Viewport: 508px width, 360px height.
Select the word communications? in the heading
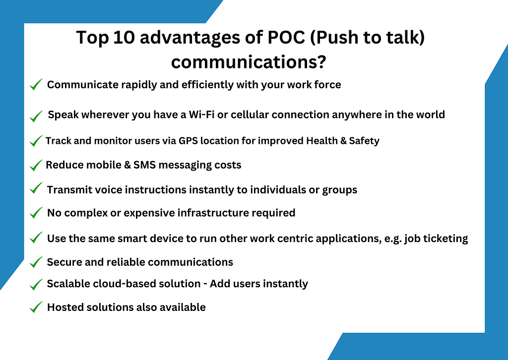pos(249,62)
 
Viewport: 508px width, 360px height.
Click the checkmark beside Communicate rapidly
pos(36,85)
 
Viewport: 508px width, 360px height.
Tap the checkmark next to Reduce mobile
pos(36,166)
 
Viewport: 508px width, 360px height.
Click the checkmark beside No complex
pos(36,213)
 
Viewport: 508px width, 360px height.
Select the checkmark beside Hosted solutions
pos(36,308)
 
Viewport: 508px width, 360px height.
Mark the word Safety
pos(364,141)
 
